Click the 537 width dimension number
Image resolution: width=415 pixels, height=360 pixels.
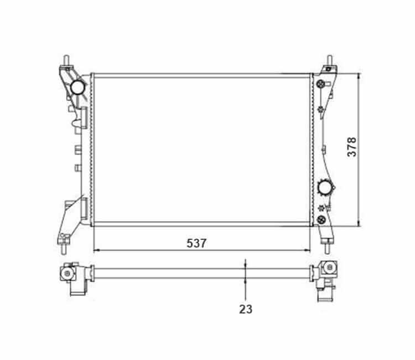tap(196, 243)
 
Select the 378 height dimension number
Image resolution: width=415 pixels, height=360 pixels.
tap(352, 147)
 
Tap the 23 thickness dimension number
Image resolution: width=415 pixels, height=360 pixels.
tap(246, 309)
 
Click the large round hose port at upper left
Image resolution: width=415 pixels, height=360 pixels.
tap(77, 87)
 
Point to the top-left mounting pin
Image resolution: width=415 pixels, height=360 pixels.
tap(66, 61)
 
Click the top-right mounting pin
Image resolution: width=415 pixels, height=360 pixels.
tap(330, 60)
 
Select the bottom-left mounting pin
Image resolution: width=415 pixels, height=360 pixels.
tap(64, 249)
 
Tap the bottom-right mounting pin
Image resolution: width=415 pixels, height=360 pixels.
tap(327, 249)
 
